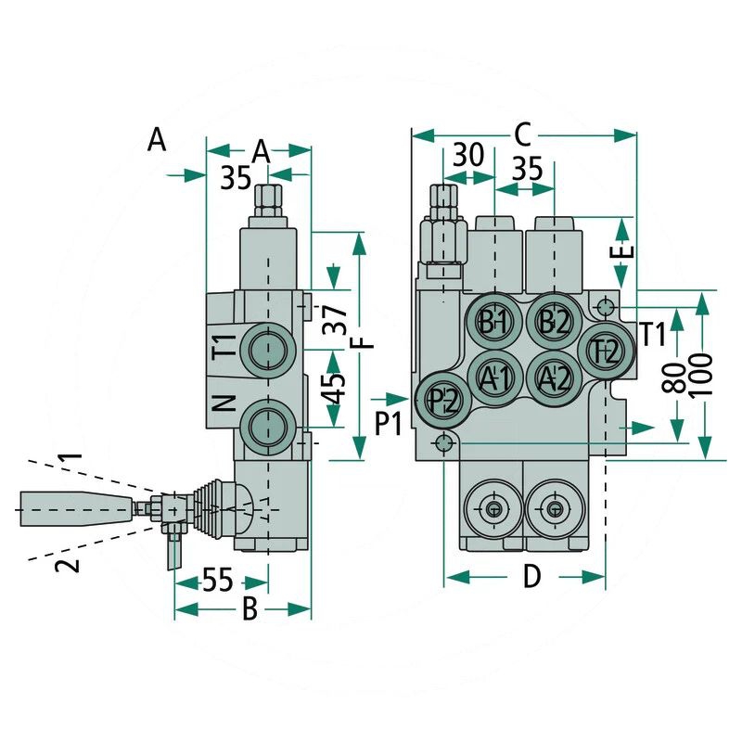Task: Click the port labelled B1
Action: pyautogui.click(x=493, y=322)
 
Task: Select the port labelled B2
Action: pyautogui.click(x=554, y=322)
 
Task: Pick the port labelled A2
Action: pyautogui.click(x=554, y=377)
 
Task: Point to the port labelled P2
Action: pyautogui.click(x=443, y=401)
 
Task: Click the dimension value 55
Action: pyautogui.click(x=217, y=581)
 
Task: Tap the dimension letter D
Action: pyautogui.click(x=531, y=577)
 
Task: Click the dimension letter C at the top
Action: pyautogui.click(x=521, y=135)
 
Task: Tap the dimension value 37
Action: pyautogui.click(x=339, y=320)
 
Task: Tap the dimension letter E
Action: pyautogui.click(x=626, y=250)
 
